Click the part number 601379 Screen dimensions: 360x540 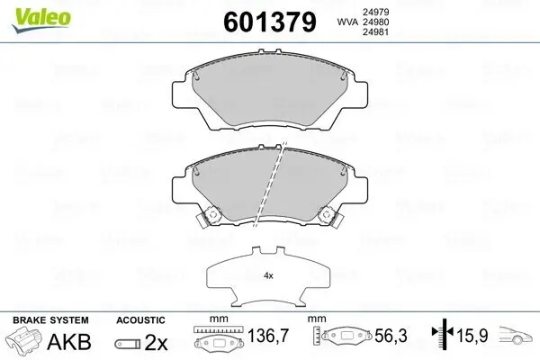tap(263, 22)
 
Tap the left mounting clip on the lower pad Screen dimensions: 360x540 tap(212, 217)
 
